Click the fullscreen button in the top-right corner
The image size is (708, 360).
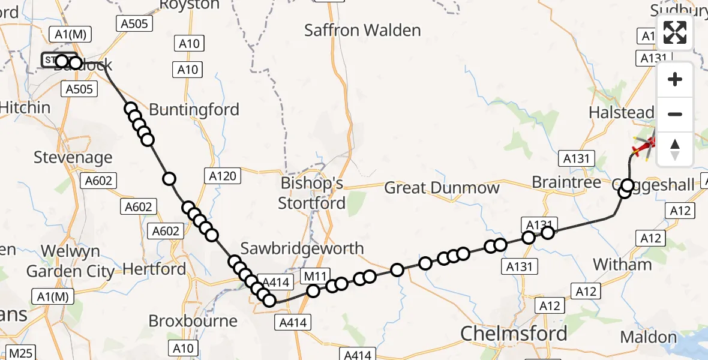click(x=675, y=32)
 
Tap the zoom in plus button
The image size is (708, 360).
click(x=675, y=79)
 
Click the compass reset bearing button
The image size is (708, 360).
click(x=675, y=149)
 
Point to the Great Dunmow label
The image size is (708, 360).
click(x=442, y=188)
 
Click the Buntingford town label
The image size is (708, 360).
click(x=194, y=110)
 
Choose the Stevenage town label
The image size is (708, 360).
click(x=73, y=158)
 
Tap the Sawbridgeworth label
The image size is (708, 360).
click(x=302, y=248)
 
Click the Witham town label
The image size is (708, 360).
click(x=622, y=265)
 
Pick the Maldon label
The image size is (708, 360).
click(x=649, y=337)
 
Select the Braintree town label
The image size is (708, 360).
click(x=566, y=182)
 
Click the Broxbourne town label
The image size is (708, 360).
click(x=193, y=321)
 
